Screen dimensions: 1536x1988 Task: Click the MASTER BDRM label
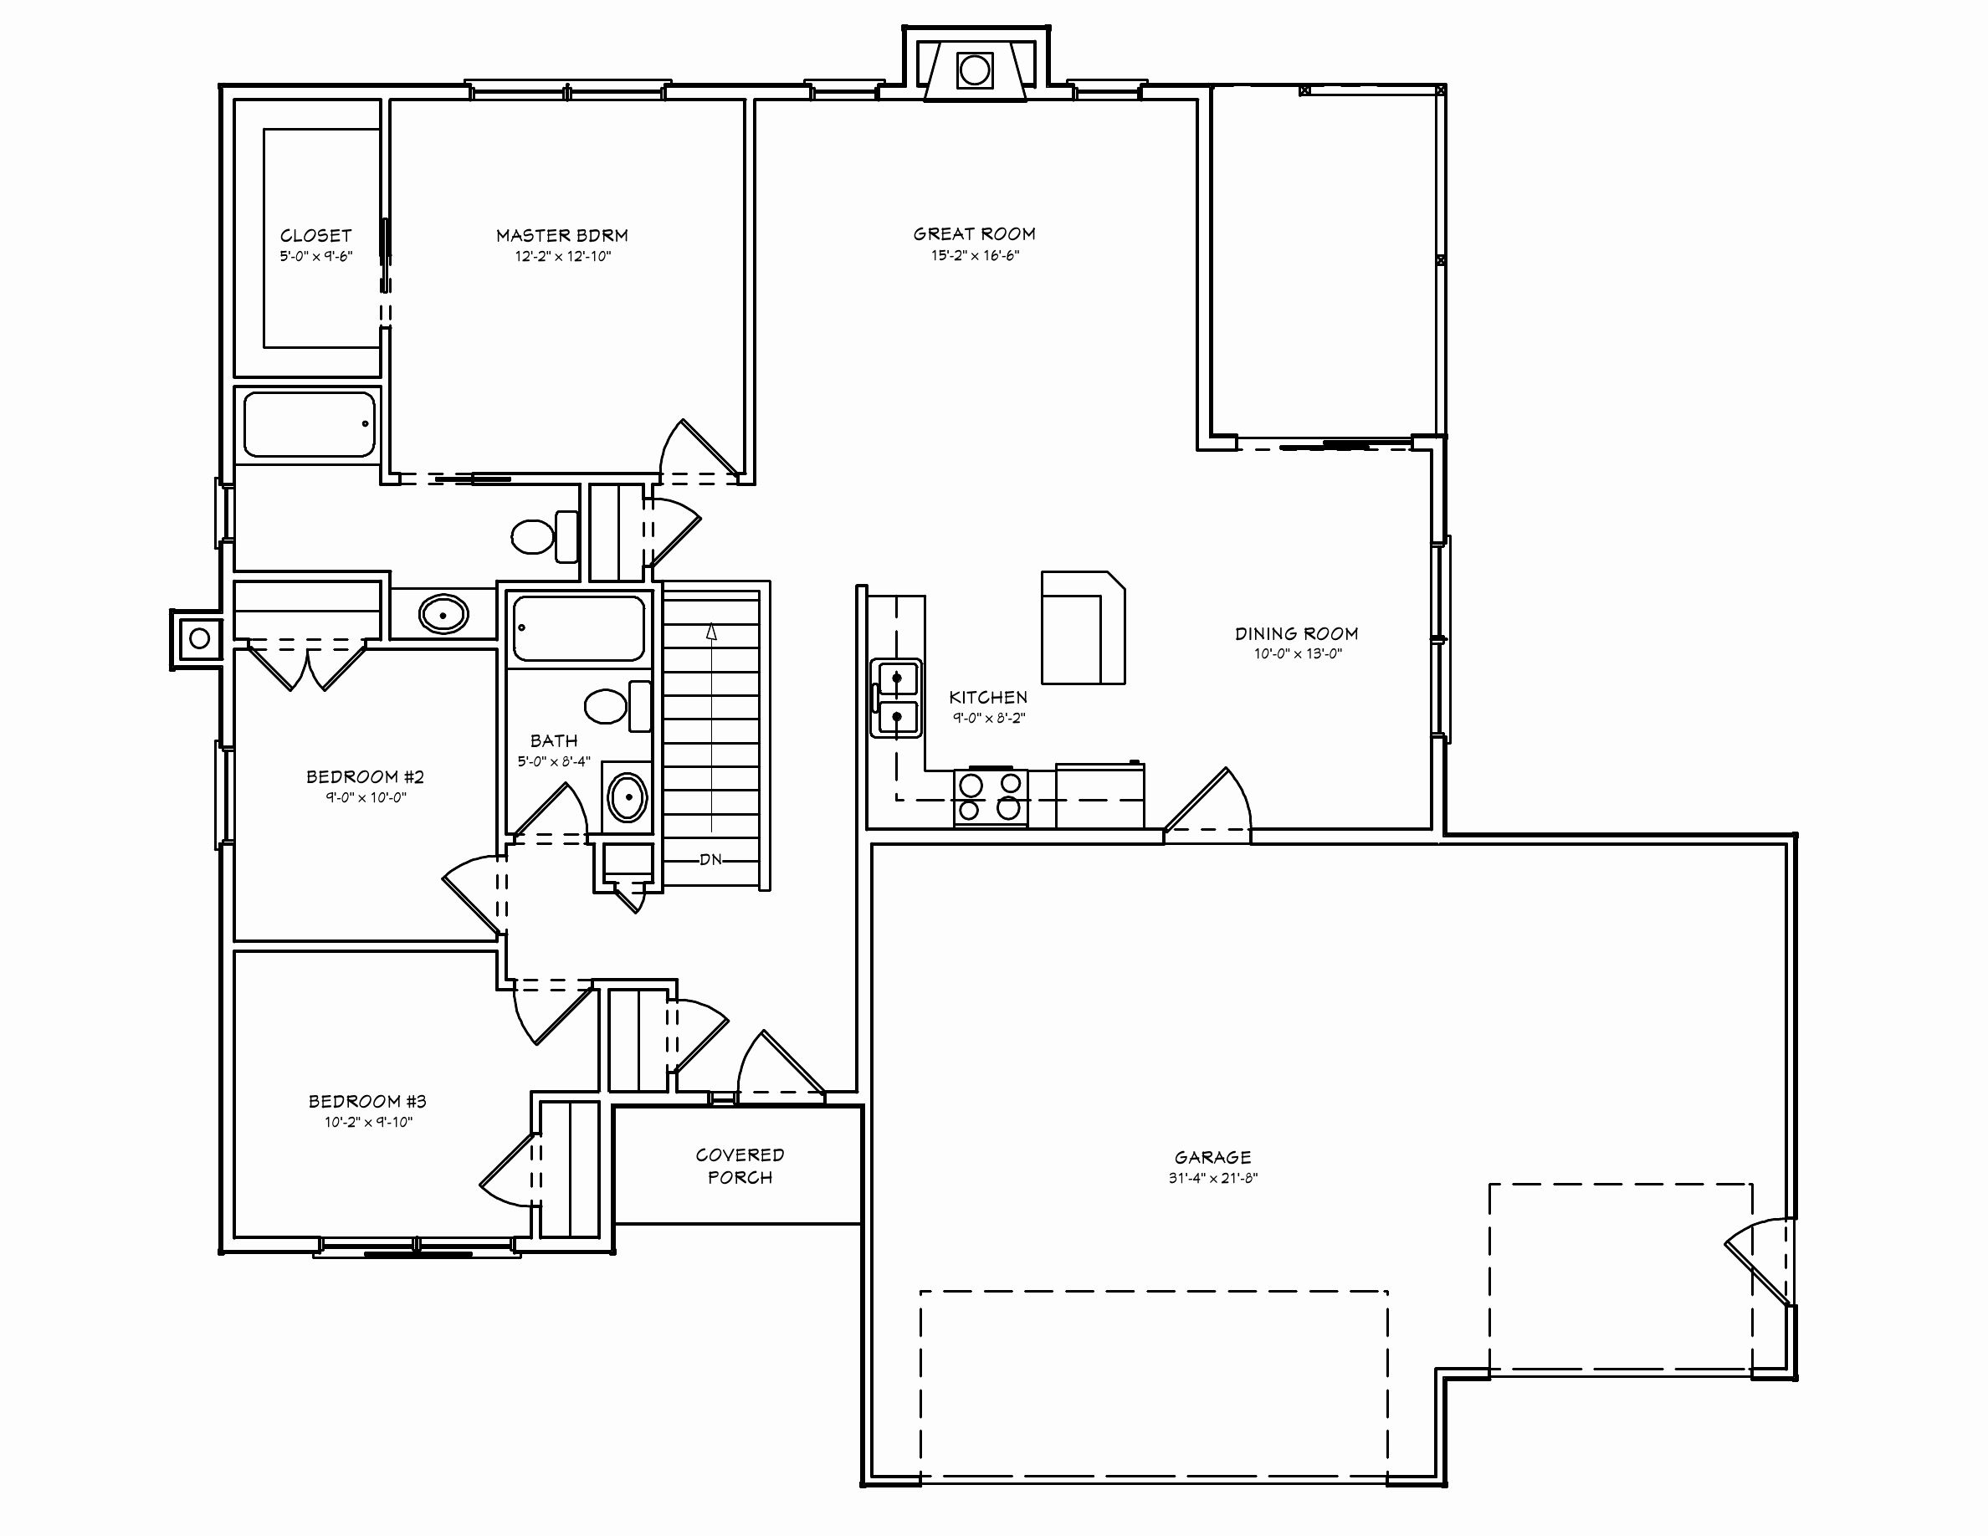[x=561, y=236]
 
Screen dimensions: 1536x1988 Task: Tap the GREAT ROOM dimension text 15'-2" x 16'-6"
[x=974, y=256]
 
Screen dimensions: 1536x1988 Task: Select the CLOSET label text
[x=315, y=236]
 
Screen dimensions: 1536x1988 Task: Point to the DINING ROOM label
[x=1296, y=633]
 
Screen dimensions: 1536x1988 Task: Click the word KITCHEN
[x=987, y=697]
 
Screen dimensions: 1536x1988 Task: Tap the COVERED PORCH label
[x=739, y=1165]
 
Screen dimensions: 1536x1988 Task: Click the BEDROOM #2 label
[x=365, y=776]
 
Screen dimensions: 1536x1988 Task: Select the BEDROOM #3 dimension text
[x=368, y=1122]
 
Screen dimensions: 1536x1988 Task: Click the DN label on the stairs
[x=711, y=859]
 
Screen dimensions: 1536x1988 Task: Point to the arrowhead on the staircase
[x=711, y=632]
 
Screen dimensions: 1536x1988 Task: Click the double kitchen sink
[x=897, y=698]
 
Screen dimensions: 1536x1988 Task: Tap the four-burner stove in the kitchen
[x=991, y=797]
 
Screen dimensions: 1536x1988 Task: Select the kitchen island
[x=1083, y=627]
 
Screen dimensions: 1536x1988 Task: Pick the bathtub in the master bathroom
[x=309, y=424]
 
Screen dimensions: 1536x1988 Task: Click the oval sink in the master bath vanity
[x=443, y=614]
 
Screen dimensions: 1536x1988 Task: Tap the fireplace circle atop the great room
[x=974, y=70]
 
